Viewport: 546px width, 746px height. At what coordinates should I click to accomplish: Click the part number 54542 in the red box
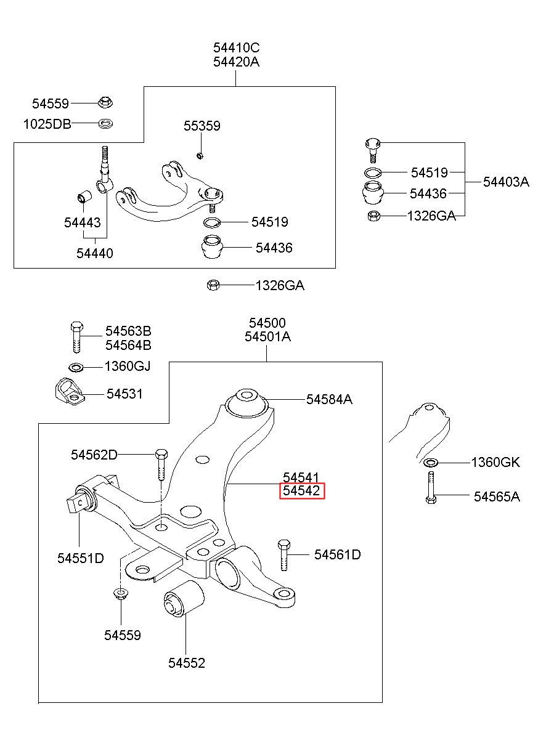(x=301, y=490)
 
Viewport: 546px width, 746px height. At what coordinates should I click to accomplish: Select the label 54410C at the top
(x=236, y=48)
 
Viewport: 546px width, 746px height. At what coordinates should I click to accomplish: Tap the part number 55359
(x=202, y=126)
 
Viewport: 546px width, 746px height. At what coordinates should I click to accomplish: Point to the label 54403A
(x=506, y=182)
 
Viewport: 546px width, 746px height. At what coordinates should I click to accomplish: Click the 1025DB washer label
(x=47, y=124)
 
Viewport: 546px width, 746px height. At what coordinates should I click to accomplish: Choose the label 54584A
(x=329, y=399)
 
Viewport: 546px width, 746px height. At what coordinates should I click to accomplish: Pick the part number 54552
(x=187, y=663)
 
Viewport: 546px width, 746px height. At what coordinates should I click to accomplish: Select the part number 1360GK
(x=495, y=462)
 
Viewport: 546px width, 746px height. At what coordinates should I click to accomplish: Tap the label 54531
(x=124, y=394)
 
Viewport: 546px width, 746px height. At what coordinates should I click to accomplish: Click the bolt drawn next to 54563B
(x=77, y=337)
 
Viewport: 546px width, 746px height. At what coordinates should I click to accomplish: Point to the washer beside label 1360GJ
(x=76, y=367)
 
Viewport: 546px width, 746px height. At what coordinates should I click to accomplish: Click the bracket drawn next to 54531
(x=69, y=391)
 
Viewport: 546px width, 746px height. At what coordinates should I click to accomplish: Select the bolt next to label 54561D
(x=283, y=555)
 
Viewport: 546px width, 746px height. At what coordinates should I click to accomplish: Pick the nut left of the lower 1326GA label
(x=213, y=285)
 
